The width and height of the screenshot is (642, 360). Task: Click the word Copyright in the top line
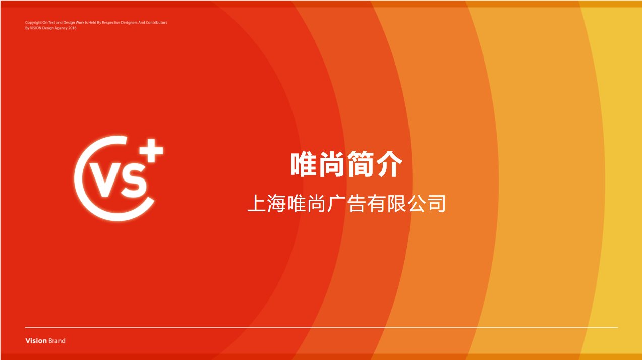33,22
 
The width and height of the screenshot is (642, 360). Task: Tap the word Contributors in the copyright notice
156,22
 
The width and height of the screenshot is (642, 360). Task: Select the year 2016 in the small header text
72,28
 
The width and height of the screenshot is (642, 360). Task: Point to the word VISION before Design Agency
36,28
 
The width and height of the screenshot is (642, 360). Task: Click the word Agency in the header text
61,28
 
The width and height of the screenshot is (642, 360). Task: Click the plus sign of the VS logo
151,151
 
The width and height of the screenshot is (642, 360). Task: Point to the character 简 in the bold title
361,164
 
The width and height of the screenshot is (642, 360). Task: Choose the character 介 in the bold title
389,164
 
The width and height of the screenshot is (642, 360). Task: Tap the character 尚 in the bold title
332,164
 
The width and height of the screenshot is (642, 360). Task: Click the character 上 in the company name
256,204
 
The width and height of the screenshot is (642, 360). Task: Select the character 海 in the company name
276,204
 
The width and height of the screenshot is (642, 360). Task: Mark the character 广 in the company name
336,204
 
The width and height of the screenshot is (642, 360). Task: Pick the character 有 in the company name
376,204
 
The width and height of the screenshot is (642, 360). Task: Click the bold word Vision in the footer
36,341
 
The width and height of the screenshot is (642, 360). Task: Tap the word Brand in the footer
57,341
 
